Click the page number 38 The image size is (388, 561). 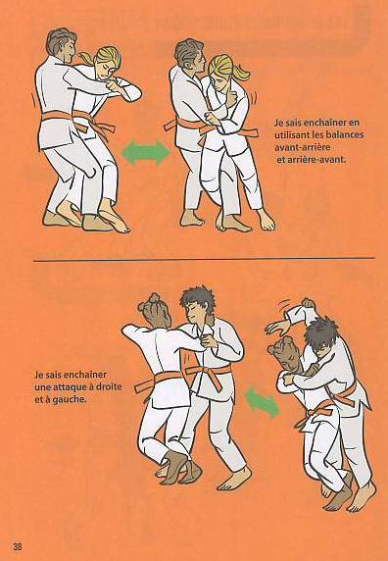click(18, 546)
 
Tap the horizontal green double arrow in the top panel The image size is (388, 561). click(146, 153)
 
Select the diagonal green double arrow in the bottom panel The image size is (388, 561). click(263, 402)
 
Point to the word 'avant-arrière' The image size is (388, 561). click(302, 147)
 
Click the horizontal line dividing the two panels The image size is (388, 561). click(204, 259)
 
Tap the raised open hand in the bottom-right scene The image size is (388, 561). click(277, 327)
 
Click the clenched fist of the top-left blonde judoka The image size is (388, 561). click(115, 86)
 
